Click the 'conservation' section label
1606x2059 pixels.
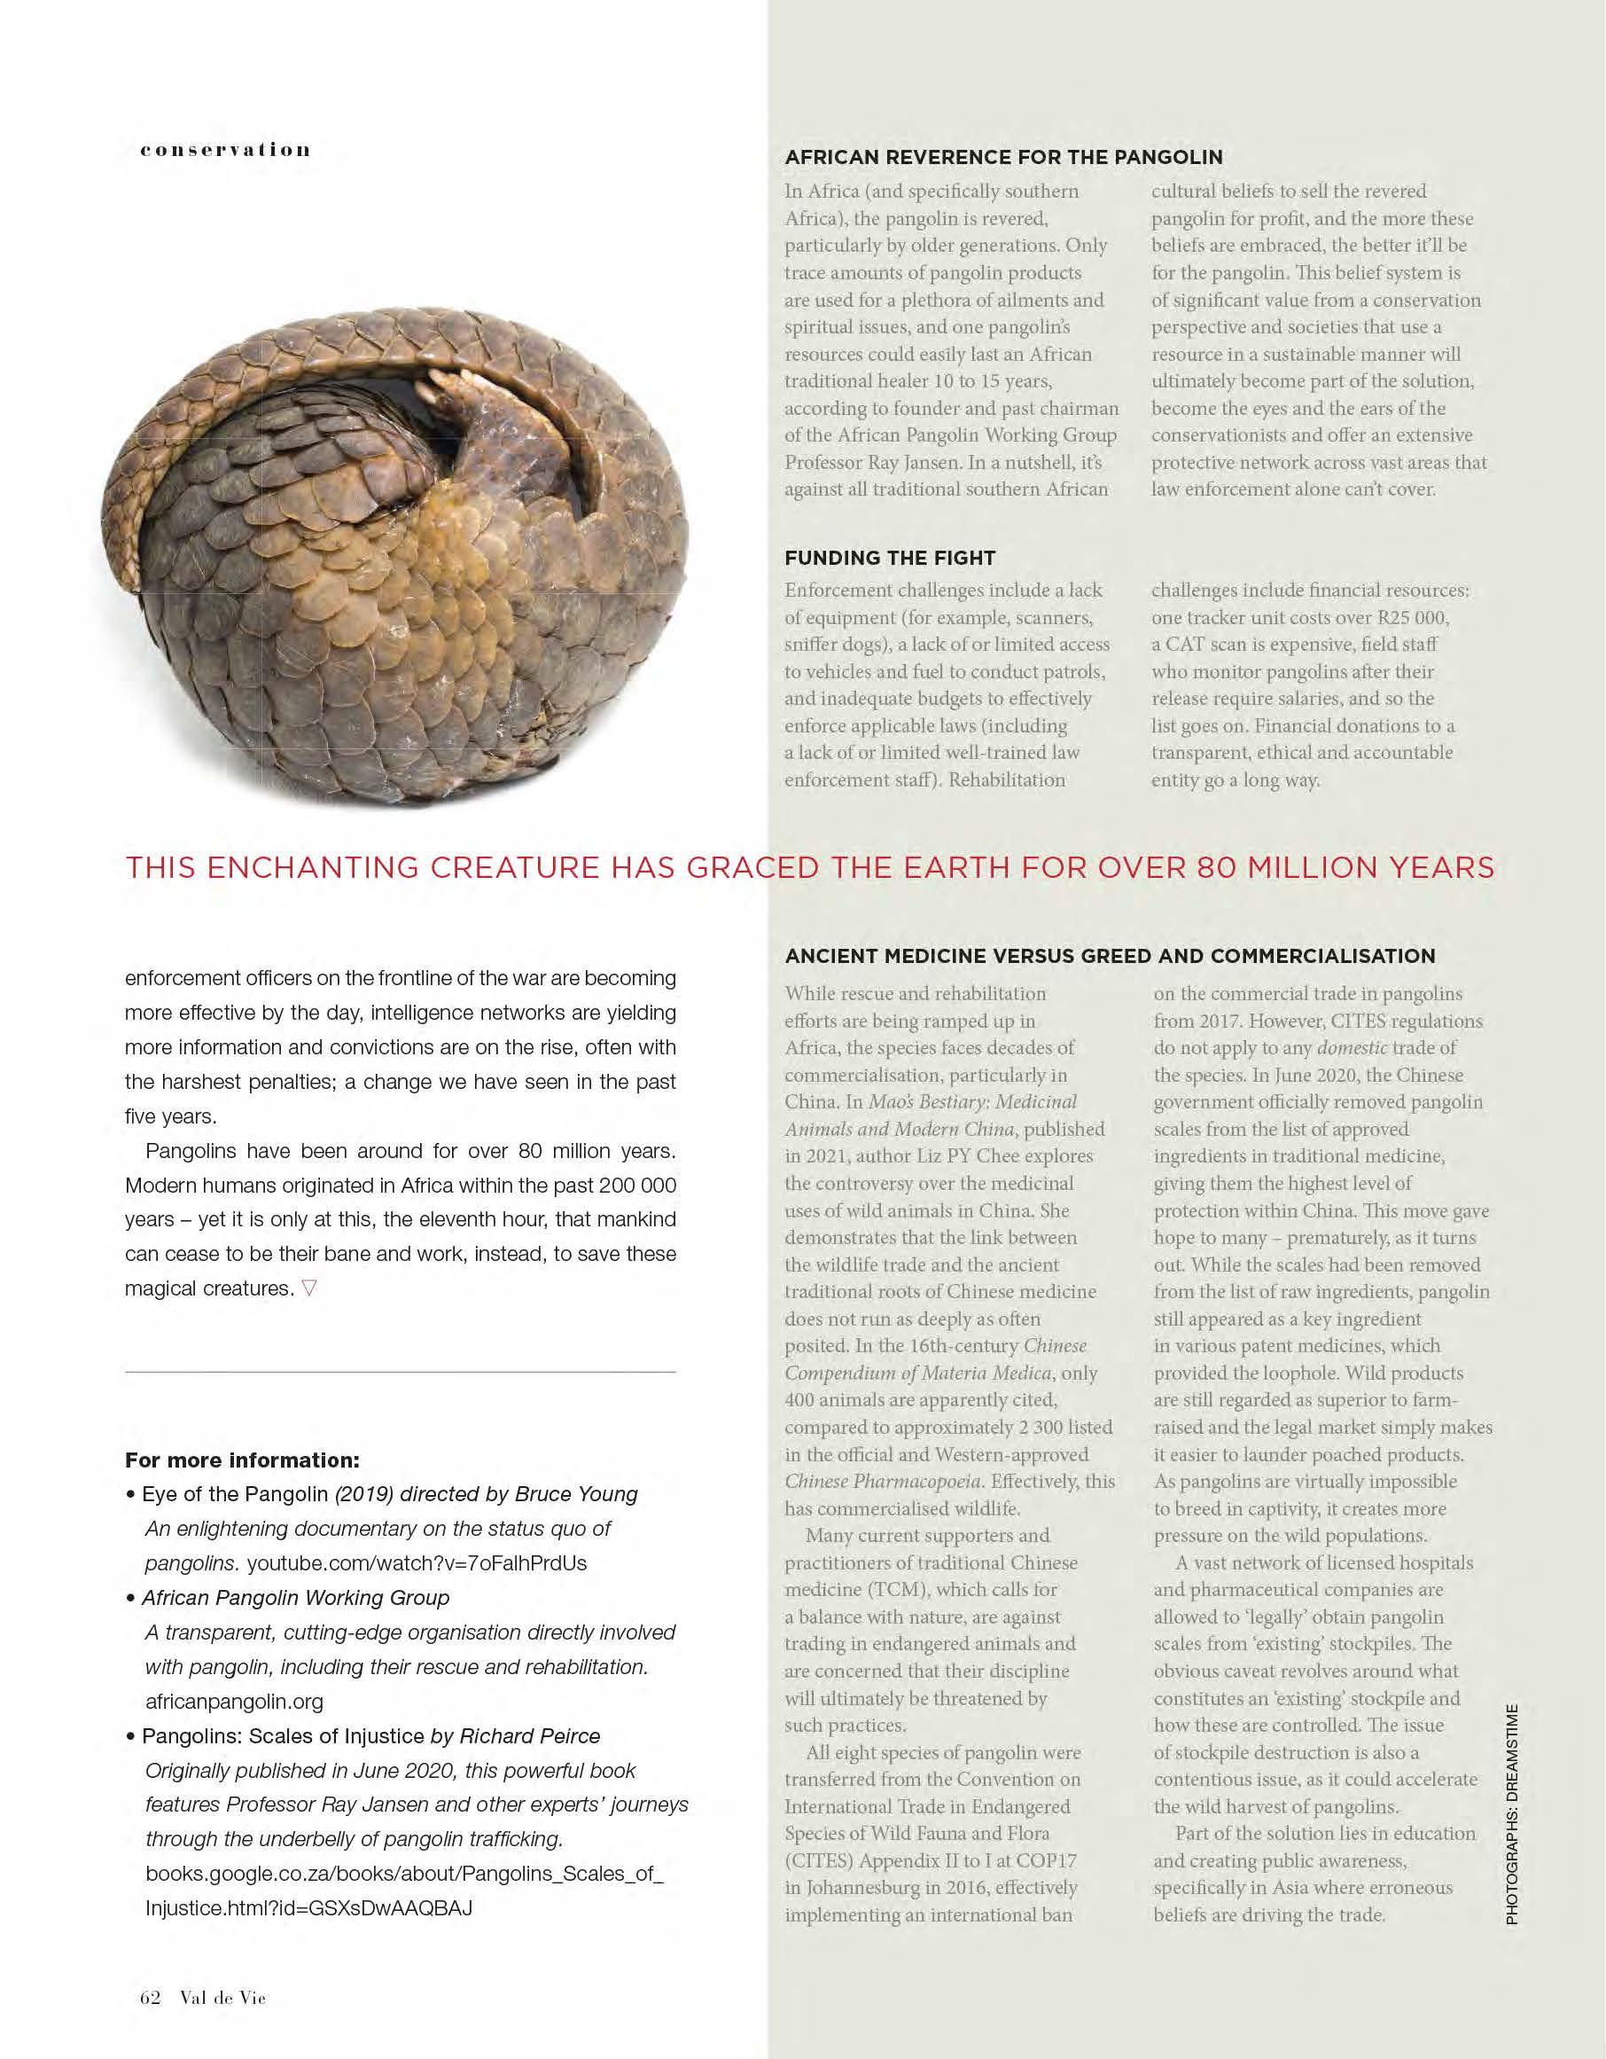point(225,150)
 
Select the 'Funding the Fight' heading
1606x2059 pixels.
point(890,557)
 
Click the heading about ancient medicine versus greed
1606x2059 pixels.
point(1111,956)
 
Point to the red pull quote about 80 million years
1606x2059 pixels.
point(809,867)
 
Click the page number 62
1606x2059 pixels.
point(150,1998)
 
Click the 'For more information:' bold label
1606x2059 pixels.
point(242,1460)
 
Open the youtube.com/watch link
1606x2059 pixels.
point(417,1563)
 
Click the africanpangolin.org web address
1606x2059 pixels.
point(234,1702)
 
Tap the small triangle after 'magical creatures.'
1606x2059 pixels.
point(309,1288)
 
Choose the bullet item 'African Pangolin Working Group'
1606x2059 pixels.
point(295,1598)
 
